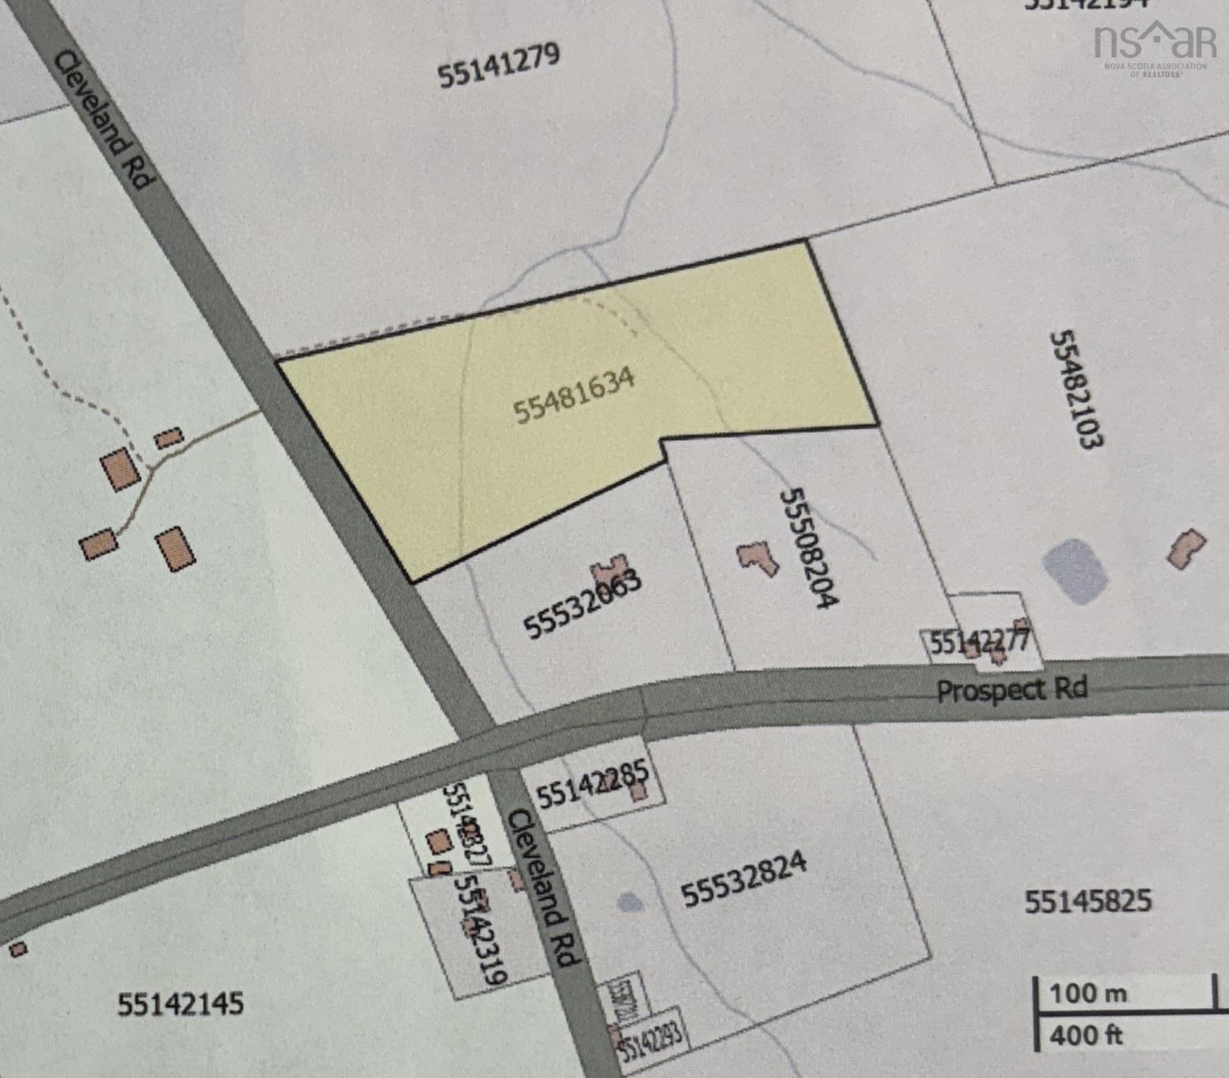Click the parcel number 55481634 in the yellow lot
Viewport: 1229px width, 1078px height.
click(574, 395)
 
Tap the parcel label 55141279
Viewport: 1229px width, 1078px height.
click(498, 65)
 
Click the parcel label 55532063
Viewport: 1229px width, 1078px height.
click(583, 604)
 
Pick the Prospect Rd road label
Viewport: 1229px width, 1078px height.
click(1011, 690)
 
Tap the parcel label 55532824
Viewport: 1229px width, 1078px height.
click(743, 878)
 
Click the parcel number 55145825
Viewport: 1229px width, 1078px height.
click(1087, 901)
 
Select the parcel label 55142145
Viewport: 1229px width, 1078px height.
click(181, 1005)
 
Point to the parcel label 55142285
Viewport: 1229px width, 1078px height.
click(592, 784)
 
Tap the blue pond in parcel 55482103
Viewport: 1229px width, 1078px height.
click(1075, 570)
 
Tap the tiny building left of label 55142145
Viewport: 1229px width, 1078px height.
click(18, 949)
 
